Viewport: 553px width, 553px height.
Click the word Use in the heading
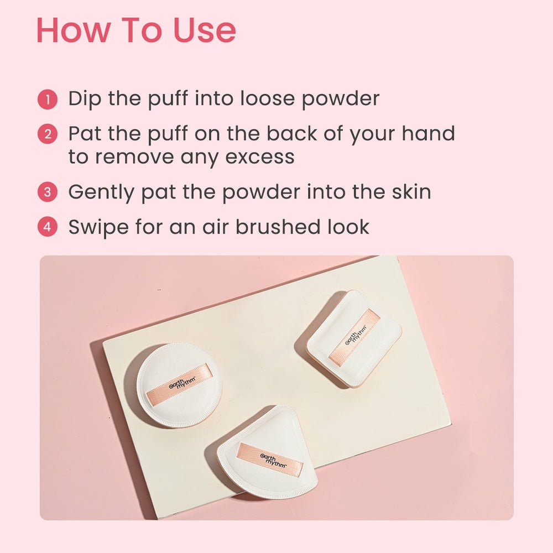pos(205,30)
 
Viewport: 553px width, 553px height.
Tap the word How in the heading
pos(74,30)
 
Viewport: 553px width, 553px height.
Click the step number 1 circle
pos(47,100)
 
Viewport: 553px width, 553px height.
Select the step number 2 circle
pos(47,134)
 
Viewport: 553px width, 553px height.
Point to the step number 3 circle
pos(47,192)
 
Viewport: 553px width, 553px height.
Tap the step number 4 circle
pos(47,227)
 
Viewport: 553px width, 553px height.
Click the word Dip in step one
pos(85,99)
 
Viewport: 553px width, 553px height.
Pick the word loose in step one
pos(267,98)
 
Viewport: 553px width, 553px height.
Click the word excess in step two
pos(259,157)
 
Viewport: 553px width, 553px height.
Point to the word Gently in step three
pos(101,193)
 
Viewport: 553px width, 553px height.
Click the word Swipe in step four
pos(98,227)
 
